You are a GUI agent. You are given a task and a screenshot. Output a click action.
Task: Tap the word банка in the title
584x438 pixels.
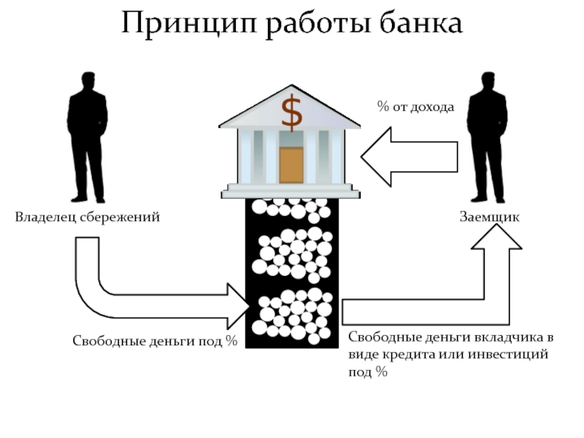(x=421, y=23)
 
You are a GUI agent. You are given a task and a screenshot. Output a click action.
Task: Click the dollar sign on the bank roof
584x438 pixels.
(x=291, y=113)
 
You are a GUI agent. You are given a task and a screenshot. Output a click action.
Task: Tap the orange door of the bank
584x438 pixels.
(x=291, y=166)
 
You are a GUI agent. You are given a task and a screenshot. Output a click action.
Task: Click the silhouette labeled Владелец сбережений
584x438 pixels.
(x=88, y=137)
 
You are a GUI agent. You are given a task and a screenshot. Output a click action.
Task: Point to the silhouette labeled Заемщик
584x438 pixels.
(x=488, y=137)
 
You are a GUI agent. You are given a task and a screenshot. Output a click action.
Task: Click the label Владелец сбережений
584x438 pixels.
(x=88, y=217)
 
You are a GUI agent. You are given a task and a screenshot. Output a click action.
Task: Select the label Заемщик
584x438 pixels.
(x=489, y=217)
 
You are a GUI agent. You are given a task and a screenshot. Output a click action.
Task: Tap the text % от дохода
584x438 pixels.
(x=415, y=107)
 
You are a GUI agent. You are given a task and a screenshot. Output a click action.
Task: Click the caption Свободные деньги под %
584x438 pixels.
(x=155, y=341)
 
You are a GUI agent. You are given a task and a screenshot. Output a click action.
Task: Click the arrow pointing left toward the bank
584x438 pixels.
(x=410, y=157)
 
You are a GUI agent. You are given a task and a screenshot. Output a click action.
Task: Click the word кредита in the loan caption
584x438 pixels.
(x=408, y=354)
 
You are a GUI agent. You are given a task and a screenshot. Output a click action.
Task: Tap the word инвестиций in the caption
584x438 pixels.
(x=508, y=354)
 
